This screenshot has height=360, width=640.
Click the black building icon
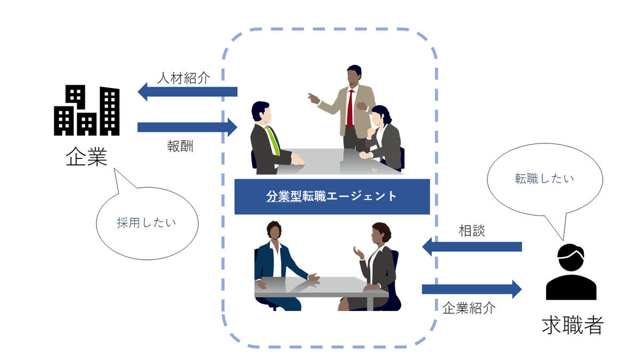click(x=86, y=111)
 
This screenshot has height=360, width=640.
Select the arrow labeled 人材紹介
click(x=187, y=92)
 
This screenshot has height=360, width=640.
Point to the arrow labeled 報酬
click(x=187, y=127)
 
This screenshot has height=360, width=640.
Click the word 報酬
click(x=180, y=147)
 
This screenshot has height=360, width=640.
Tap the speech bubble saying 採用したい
click(x=146, y=223)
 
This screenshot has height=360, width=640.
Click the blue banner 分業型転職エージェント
click(x=332, y=196)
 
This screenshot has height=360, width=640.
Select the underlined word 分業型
click(x=284, y=196)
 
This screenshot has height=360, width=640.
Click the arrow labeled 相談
click(x=471, y=246)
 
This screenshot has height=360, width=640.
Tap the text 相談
click(x=471, y=231)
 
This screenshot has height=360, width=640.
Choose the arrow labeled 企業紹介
click(x=471, y=289)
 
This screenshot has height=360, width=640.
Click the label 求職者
click(x=572, y=324)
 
